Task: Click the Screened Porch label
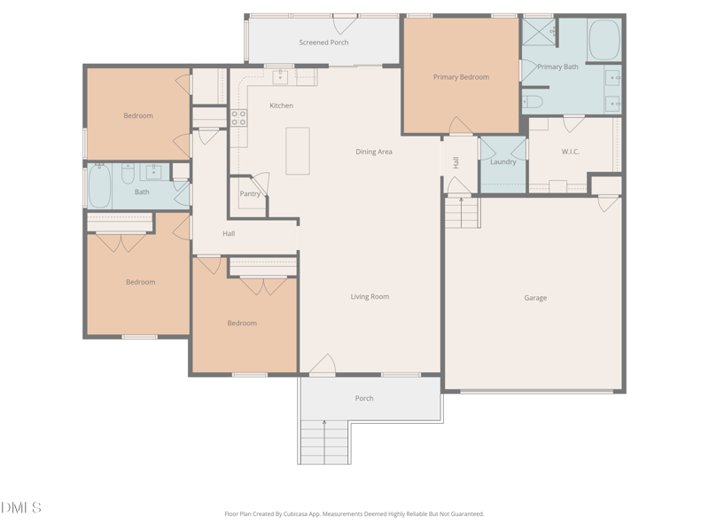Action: (323, 43)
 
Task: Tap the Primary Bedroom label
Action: (461, 77)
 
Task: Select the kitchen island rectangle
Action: (298, 151)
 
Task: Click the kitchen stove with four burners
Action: (238, 118)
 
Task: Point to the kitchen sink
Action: (280, 76)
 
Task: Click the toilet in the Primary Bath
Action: (533, 102)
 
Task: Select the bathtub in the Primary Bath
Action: (604, 40)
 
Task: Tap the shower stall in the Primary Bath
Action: (539, 32)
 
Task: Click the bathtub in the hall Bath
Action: (99, 186)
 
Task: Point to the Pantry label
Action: (250, 193)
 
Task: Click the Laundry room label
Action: (503, 161)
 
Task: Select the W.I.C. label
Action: (570, 152)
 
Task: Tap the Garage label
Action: (535, 298)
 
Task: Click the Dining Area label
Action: (374, 152)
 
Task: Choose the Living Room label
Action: (370, 297)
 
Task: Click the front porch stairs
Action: (324, 442)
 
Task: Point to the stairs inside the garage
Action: (462, 212)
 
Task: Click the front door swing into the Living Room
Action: (323, 365)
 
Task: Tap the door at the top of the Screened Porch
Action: (345, 25)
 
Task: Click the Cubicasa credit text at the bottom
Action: (354, 514)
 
